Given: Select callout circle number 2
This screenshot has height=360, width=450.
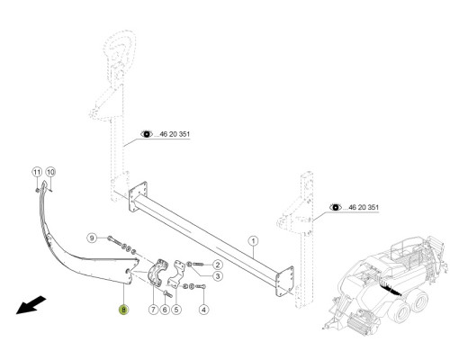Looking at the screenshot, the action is pyautogui.click(x=218, y=265).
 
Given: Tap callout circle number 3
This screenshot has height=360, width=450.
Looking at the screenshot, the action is pyautogui.click(x=218, y=276).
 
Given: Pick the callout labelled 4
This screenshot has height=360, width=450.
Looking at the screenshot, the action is pyautogui.click(x=204, y=309).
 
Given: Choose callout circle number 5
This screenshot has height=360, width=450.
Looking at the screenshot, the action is pyautogui.click(x=176, y=309).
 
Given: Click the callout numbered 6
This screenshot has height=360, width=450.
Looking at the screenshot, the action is pyautogui.click(x=165, y=309).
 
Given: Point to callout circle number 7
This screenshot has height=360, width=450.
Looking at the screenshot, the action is pyautogui.click(x=153, y=309).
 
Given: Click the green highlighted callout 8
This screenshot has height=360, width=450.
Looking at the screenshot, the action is pyautogui.click(x=123, y=310).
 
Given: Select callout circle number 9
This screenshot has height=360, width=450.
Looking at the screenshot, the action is pyautogui.click(x=92, y=238).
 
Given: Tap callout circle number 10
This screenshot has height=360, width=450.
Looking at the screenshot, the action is pyautogui.click(x=50, y=172).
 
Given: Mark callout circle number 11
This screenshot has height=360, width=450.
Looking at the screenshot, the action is pyautogui.click(x=37, y=172).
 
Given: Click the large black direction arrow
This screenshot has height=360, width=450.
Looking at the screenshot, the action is pyautogui.click(x=31, y=305).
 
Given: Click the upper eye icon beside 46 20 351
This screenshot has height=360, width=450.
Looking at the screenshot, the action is pyautogui.click(x=147, y=134).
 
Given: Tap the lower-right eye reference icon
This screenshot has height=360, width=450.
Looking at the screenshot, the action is pyautogui.click(x=336, y=207).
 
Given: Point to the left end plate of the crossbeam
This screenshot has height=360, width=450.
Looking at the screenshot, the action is pyautogui.click(x=138, y=197).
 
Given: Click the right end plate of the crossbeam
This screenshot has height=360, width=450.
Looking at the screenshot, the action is pyautogui.click(x=284, y=282).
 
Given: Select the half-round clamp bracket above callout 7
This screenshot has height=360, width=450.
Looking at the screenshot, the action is pyautogui.click(x=157, y=272).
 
